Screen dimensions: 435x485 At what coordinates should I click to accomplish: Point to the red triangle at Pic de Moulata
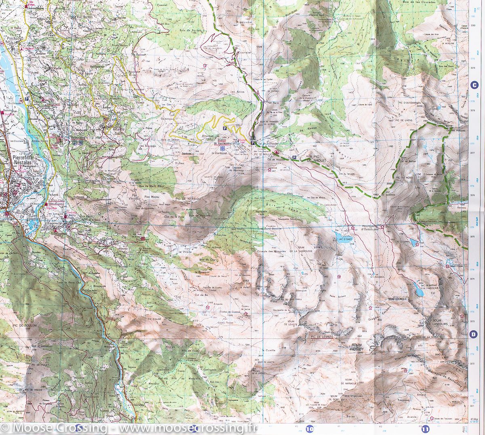pyautogui.click(x=276, y=152)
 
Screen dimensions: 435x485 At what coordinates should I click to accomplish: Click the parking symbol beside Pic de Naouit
pyautogui.click(x=295, y=157)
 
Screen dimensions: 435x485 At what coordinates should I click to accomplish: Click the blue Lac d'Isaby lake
pyautogui.click(x=341, y=235)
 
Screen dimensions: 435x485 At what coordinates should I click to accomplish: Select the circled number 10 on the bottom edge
pyautogui.click(x=310, y=429)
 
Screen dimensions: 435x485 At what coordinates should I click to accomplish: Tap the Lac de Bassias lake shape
pyautogui.click(x=415, y=287)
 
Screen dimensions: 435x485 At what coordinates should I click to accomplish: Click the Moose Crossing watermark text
pyautogui.click(x=129, y=428)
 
